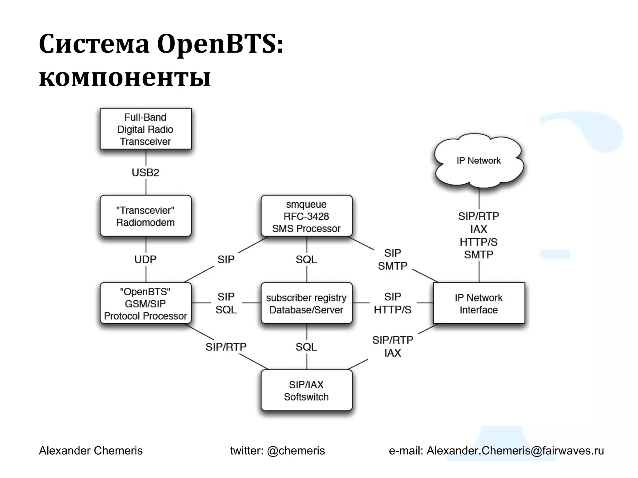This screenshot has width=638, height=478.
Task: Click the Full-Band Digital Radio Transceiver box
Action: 145,129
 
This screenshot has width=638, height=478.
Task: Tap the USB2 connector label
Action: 145,172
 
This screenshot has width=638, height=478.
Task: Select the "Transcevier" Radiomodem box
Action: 145,216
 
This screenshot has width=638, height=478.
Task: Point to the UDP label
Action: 145,260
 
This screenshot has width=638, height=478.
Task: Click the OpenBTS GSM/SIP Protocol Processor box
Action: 145,303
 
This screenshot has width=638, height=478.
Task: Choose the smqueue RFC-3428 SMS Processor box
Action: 307,216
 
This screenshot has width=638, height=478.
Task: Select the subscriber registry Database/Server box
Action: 307,303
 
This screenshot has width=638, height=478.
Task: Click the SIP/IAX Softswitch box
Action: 307,391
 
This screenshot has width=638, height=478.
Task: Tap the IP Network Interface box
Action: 479,303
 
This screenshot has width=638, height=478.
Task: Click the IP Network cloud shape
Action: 479,161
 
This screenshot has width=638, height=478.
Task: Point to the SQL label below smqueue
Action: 307,260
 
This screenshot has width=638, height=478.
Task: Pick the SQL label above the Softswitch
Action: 307,347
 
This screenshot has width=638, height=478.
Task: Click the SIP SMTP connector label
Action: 393,260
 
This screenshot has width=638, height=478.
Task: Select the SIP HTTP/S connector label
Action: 393,303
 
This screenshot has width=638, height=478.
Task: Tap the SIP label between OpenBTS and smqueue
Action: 226,260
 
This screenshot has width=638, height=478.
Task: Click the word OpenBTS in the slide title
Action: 220,44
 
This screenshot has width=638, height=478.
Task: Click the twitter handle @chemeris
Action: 296,451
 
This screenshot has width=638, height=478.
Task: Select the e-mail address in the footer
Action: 515,451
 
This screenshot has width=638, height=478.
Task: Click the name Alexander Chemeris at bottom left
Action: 91,451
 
